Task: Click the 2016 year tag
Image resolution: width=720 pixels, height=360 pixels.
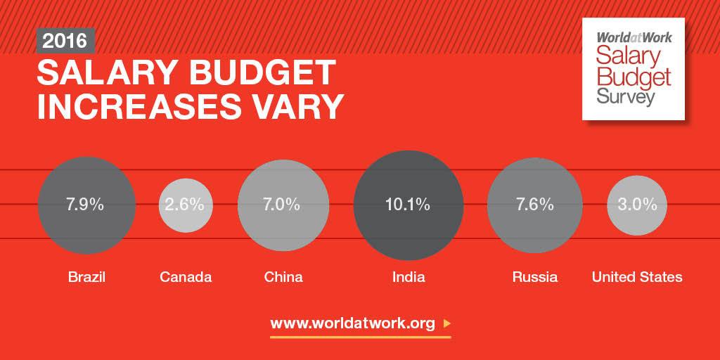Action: [65, 41]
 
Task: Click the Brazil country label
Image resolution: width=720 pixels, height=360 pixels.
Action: [86, 277]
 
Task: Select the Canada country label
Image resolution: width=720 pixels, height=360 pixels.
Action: [186, 277]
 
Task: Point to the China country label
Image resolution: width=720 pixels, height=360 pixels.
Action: [283, 277]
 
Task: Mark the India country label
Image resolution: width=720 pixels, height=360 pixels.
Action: [409, 277]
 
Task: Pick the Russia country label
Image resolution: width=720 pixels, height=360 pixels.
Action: [535, 277]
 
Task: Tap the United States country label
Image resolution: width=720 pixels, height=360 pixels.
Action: [637, 277]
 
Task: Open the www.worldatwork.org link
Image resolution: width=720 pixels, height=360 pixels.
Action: [353, 324]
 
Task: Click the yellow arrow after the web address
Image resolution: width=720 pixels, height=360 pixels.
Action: [447, 324]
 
